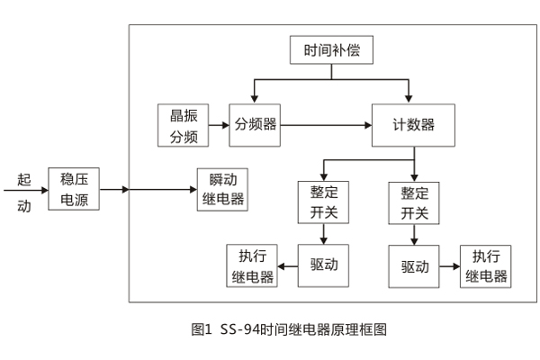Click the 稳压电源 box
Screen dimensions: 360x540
pos(74,189)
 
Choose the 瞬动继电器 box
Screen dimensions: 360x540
pos(221,189)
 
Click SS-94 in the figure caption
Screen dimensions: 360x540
pos(238,329)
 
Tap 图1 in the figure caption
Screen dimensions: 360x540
pos(202,329)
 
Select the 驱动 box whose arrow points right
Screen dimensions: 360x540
pos(414,266)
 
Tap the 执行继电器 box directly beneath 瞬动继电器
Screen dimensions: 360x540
pos(251,265)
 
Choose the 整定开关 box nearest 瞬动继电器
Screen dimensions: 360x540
pos(323,202)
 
